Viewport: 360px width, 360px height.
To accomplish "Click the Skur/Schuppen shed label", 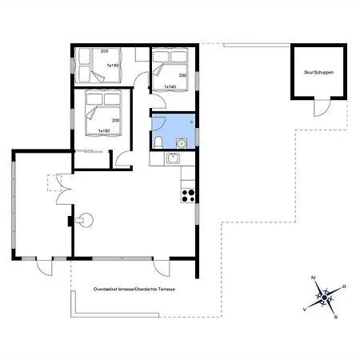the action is click(x=318, y=72).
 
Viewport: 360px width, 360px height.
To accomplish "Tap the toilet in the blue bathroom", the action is click(x=158, y=142).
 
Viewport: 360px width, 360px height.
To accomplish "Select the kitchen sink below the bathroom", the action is click(x=173, y=159).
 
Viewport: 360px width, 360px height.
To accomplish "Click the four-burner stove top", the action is click(x=188, y=195).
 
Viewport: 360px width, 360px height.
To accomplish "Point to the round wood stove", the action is click(x=85, y=220).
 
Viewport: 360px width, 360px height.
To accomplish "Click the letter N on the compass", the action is click(x=314, y=278).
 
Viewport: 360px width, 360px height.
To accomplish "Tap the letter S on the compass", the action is click(x=336, y=317).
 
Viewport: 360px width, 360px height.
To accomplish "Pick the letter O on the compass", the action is click(x=344, y=286).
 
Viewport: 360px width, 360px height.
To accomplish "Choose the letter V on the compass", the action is click(x=305, y=310).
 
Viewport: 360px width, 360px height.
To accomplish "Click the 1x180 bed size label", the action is click(x=104, y=130).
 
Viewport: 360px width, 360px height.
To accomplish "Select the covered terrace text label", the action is click(x=134, y=289).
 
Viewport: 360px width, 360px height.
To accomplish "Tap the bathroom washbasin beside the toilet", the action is click(x=182, y=143).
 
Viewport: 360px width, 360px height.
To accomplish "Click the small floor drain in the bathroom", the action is click(x=191, y=122).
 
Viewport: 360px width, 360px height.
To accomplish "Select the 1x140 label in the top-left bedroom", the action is click(x=113, y=66).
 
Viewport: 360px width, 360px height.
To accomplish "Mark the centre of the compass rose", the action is click(x=325, y=298).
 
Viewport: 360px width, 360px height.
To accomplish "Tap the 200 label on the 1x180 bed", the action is click(x=115, y=121).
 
